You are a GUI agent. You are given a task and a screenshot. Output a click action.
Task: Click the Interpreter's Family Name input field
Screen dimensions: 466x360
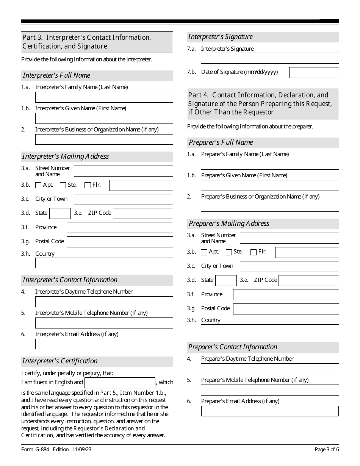pyautogui.click(x=104, y=97)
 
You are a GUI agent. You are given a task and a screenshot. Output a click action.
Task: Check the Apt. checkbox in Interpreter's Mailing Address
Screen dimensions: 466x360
pyautogui.click(x=38, y=186)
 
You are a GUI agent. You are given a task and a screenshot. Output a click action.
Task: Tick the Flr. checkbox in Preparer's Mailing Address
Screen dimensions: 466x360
pyautogui.click(x=254, y=252)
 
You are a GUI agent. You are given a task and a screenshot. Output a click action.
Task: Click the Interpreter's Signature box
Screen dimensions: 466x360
pyautogui.click(x=270, y=58)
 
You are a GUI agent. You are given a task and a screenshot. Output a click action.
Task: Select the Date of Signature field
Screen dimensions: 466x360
pyautogui.click(x=314, y=73)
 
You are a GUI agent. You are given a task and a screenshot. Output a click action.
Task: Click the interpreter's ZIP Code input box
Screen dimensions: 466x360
pyautogui.click(x=143, y=214)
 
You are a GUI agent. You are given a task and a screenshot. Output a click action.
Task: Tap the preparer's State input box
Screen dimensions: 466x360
pyautogui.click(x=226, y=281)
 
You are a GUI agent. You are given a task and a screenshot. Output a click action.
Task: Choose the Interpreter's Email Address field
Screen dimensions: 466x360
pyautogui.click(x=104, y=344)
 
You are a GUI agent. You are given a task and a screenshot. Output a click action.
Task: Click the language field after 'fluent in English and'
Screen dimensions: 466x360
pyautogui.click(x=120, y=383)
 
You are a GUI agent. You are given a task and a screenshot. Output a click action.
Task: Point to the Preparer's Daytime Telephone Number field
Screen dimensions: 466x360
pyautogui.click(x=270, y=369)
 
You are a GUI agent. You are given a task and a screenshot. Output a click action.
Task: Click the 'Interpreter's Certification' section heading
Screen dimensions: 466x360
pyautogui.click(x=60, y=361)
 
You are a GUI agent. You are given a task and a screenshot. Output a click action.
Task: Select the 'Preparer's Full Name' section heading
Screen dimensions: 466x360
pyautogui.click(x=221, y=142)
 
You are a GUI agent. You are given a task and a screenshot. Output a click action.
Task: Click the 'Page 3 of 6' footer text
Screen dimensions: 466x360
pyautogui.click(x=327, y=450)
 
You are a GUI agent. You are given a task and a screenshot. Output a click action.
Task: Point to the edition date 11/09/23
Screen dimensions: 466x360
pyautogui.click(x=83, y=450)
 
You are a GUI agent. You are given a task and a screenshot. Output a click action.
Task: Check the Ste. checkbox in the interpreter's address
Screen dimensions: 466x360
pyautogui.click(x=63, y=186)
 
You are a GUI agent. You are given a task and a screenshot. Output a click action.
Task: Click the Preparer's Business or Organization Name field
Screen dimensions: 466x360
pyautogui.click(x=270, y=206)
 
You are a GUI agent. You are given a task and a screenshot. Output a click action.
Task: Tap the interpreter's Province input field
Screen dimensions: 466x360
pyautogui.click(x=120, y=228)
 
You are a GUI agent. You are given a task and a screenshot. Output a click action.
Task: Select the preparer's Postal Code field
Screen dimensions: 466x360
pyautogui.click(x=286, y=309)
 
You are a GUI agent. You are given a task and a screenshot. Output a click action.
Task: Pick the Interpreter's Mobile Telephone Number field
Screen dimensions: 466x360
pyautogui.click(x=104, y=323)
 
